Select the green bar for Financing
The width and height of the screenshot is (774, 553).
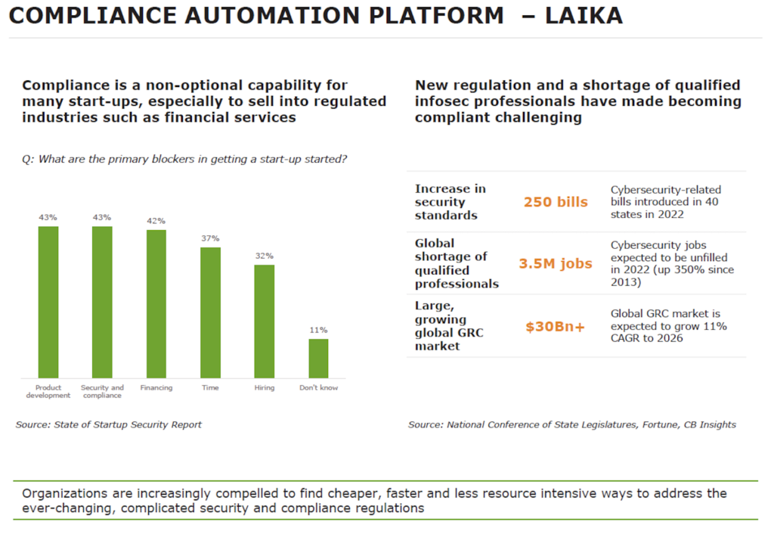[156, 303]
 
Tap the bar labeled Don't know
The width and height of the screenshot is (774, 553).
[318, 358]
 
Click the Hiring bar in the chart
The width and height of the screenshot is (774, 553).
[265, 321]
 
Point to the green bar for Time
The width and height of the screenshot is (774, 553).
[210, 312]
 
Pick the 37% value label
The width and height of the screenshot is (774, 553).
[210, 238]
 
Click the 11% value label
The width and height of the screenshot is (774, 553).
[318, 330]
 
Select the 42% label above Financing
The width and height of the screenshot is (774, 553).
[156, 221]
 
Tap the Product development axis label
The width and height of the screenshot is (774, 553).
[48, 391]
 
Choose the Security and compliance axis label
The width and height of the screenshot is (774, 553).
[102, 391]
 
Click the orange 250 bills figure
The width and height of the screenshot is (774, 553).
[556, 202]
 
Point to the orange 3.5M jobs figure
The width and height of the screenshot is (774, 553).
[556, 263]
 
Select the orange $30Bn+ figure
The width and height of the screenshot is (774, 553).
[556, 327]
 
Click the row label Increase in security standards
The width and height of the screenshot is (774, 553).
[450, 202]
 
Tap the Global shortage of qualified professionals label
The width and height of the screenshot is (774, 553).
[457, 263]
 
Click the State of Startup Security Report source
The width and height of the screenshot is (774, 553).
[109, 424]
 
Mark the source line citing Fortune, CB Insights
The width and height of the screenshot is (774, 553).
[572, 424]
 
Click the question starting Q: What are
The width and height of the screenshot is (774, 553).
[184, 159]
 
